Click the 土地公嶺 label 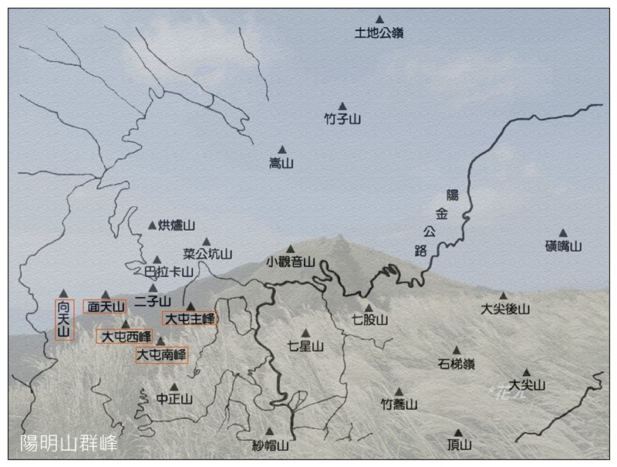click(x=379, y=33)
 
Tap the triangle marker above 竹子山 click(x=342, y=107)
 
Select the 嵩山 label click(x=281, y=164)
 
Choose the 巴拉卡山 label click(x=168, y=272)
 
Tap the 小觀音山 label click(x=291, y=262)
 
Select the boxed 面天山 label click(x=105, y=306)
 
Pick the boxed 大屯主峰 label click(x=189, y=318)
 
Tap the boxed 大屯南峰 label click(x=161, y=355)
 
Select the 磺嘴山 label click(x=563, y=246)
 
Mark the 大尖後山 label click(x=505, y=309)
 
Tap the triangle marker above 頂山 click(x=458, y=433)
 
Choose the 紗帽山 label click(x=270, y=445)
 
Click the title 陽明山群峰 click(x=69, y=443)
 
